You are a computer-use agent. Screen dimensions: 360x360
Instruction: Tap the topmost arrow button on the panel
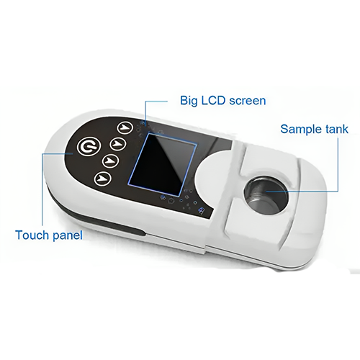click(126, 128)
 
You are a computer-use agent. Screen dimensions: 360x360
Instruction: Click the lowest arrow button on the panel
click(104, 176)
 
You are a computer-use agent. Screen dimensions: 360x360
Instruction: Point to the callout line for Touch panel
click(44, 187)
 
